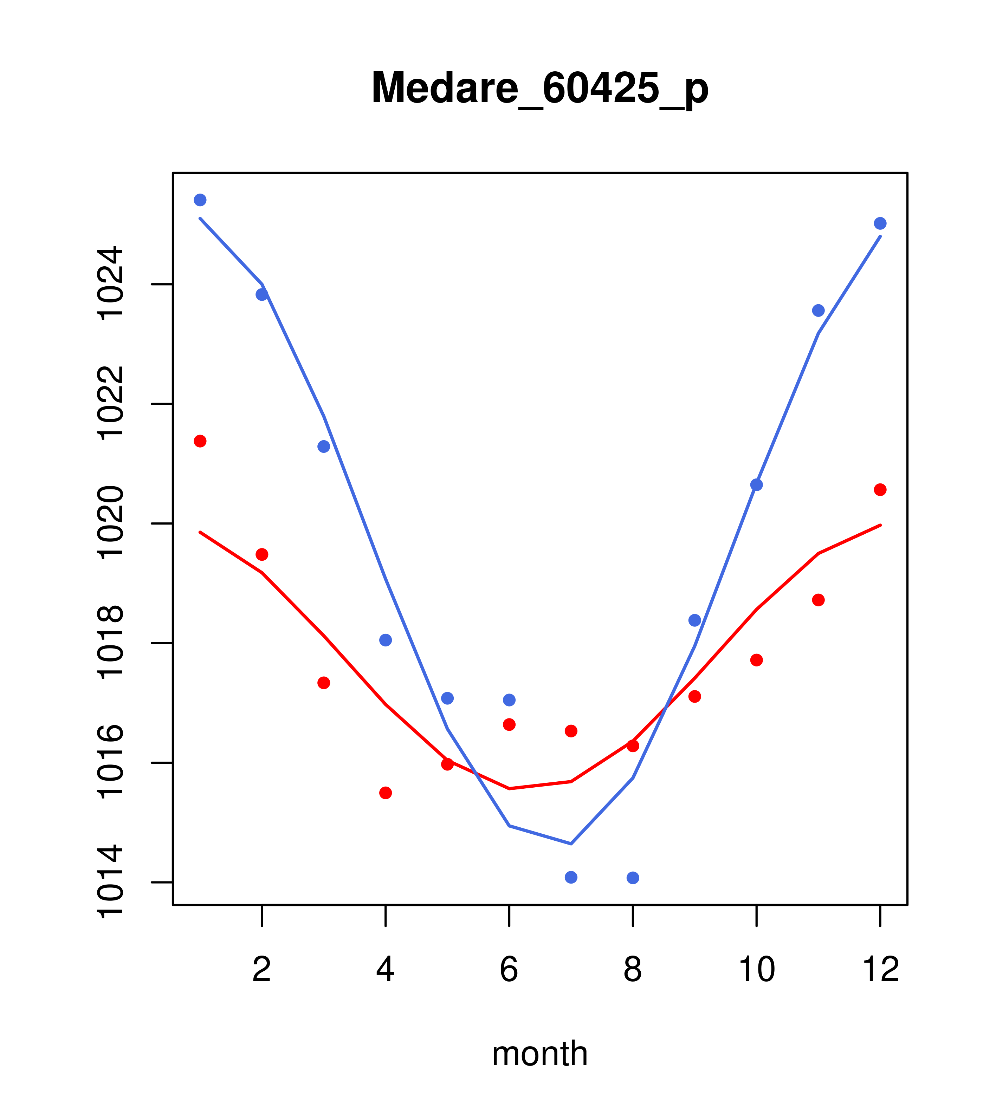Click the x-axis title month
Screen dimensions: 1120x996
click(539, 1053)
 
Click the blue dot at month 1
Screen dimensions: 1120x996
click(200, 200)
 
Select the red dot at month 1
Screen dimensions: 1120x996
click(200, 441)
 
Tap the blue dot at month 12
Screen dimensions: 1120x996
click(880, 223)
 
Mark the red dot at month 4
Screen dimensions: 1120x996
click(385, 793)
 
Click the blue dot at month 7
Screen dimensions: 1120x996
click(571, 877)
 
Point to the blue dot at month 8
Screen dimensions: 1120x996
click(633, 878)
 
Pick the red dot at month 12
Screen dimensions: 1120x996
click(880, 490)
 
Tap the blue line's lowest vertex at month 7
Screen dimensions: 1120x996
click(571, 844)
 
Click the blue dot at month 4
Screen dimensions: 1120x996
click(385, 640)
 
